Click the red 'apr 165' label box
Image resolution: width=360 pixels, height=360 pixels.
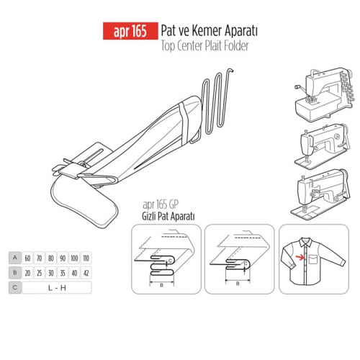[130, 31]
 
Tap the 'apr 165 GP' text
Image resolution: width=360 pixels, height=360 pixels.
[161, 205]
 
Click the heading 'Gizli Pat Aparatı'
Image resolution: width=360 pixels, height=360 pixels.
[168, 217]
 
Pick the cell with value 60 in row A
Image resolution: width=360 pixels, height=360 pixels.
[27, 258]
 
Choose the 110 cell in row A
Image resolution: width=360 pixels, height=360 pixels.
[86, 258]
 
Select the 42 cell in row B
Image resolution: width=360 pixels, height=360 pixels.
[86, 273]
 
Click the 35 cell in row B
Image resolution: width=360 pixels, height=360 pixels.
[63, 273]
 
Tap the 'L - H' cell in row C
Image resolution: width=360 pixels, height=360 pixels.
[57, 287]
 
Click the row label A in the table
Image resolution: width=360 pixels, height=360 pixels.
[15, 258]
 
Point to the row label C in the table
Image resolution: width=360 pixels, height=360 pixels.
[15, 287]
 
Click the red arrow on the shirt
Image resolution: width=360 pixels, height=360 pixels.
[300, 258]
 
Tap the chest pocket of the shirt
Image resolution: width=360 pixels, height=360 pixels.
[313, 259]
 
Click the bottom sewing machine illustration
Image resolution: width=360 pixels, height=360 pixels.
[320, 194]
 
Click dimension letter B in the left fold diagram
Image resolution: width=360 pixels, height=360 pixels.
[162, 285]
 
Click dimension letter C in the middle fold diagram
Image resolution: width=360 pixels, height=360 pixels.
[246, 264]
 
